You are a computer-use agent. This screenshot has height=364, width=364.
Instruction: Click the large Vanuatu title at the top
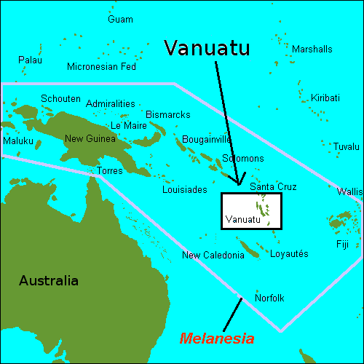pos(207,48)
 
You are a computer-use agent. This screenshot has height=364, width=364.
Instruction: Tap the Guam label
pos(120,19)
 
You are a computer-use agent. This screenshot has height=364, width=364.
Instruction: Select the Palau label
pos(30,60)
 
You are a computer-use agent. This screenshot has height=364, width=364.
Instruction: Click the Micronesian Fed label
pos(101,67)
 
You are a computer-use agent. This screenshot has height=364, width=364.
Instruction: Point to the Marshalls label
pos(312,49)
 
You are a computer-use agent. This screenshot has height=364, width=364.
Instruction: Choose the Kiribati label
pos(324,98)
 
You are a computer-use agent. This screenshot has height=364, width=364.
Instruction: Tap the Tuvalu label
pos(347,146)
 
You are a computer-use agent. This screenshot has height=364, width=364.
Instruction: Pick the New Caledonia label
pos(213,255)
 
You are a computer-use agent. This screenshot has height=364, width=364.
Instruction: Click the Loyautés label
pos(289,253)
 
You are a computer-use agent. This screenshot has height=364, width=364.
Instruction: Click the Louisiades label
pos(184,189)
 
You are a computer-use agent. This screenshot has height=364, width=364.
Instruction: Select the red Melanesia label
pos(217,339)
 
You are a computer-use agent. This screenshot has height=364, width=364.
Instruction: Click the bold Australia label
pos(48,280)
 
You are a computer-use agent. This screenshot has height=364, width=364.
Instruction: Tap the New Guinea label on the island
pos(90,138)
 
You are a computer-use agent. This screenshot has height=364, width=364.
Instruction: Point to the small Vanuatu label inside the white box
pos(242,219)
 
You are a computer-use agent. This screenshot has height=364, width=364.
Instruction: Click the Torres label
pos(109,171)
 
